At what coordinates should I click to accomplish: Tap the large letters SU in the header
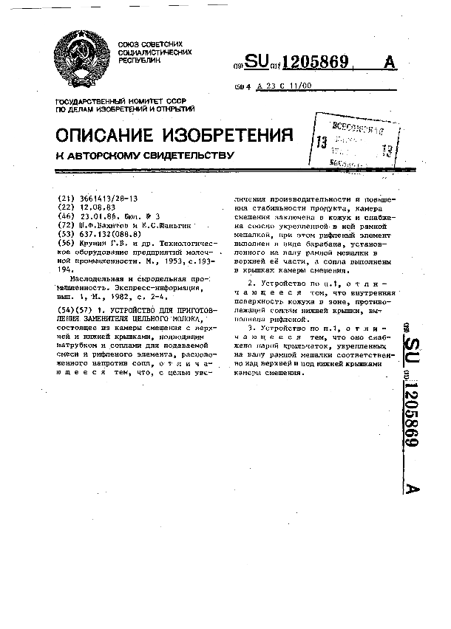tap(257, 63)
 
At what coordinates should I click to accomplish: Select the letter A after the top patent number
tap(390, 63)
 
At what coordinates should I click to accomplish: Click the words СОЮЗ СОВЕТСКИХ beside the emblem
tap(144, 44)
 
